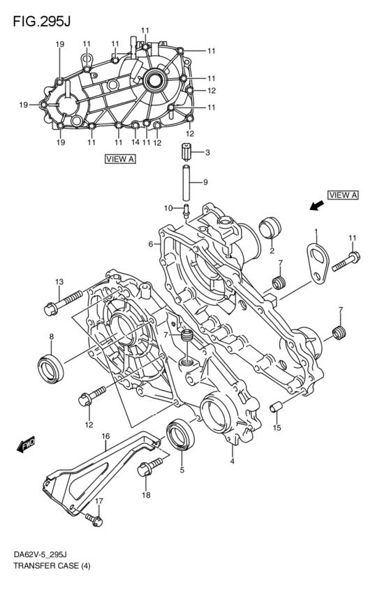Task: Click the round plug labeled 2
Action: tap(269, 228)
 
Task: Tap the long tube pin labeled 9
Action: tap(186, 183)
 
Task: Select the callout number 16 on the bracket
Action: tap(105, 437)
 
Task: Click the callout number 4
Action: tap(231, 461)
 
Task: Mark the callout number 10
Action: tap(168, 208)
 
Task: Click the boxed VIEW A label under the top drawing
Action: tap(120, 159)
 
